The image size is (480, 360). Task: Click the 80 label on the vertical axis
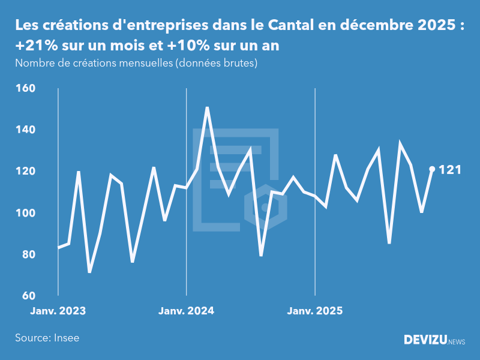tap(27, 254)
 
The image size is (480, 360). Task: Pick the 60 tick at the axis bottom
tap(27, 296)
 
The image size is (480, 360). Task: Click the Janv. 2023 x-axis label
tap(58, 311)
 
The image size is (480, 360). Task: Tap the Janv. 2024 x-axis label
tap(187, 311)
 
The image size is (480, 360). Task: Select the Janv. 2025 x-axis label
tap(316, 311)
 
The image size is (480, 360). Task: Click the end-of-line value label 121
tap(450, 170)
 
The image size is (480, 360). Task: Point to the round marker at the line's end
tap(432, 169)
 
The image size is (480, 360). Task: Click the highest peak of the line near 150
tap(207, 108)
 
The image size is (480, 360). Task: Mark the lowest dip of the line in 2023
tap(90, 272)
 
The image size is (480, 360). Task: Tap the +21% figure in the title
tap(32, 46)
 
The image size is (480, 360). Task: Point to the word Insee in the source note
tap(66, 338)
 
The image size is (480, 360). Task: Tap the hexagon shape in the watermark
tap(265, 208)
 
